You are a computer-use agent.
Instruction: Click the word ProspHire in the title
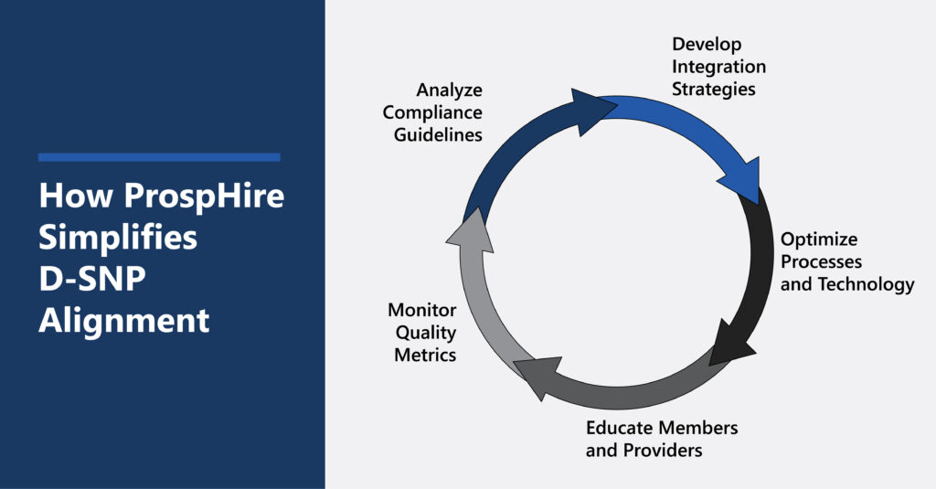point(200,197)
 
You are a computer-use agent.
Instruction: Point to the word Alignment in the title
point(123,321)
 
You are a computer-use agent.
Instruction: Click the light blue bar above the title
point(159,157)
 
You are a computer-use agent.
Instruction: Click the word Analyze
point(449,90)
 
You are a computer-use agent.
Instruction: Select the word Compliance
point(432,112)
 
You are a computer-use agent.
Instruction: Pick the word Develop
point(707,44)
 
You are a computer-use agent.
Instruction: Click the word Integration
point(718,67)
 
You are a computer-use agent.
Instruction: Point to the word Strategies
point(713,89)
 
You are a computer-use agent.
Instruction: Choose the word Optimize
point(818,240)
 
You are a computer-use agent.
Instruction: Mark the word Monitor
point(421,310)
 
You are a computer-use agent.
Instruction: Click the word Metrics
point(424,354)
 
